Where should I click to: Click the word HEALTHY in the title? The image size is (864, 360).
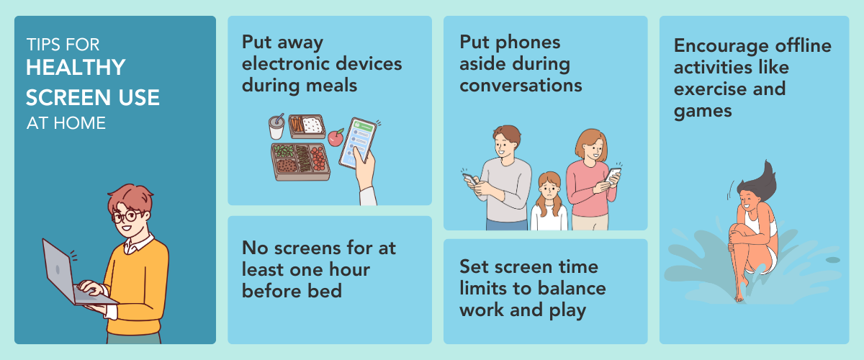click(76, 68)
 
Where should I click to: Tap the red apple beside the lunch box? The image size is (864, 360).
click(336, 138)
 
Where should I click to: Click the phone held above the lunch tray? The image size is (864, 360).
click(357, 143)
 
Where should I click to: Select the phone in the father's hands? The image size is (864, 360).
click(470, 179)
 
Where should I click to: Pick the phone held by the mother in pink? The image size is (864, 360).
click(613, 174)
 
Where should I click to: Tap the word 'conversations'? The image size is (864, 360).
click(521, 85)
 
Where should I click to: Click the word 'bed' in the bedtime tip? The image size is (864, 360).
click(325, 291)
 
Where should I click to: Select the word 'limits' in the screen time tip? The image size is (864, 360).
click(483, 288)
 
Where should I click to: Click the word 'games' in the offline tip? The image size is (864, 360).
click(703, 112)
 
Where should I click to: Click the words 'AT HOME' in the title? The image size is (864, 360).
click(66, 123)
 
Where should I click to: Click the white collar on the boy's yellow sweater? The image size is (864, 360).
click(138, 244)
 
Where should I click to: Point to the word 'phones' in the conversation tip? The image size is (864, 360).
click(528, 42)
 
